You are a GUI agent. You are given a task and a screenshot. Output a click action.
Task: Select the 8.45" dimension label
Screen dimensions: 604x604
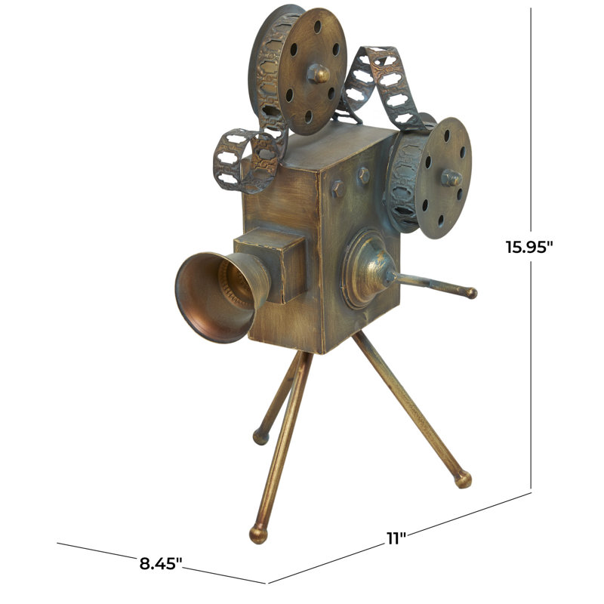tap(161, 562)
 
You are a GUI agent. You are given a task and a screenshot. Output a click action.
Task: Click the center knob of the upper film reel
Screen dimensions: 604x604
tap(319, 73)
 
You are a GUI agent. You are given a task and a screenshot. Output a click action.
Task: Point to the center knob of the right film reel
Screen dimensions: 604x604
tap(451, 178)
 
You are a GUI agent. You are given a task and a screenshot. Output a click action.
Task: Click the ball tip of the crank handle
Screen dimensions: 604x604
tap(471, 292)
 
